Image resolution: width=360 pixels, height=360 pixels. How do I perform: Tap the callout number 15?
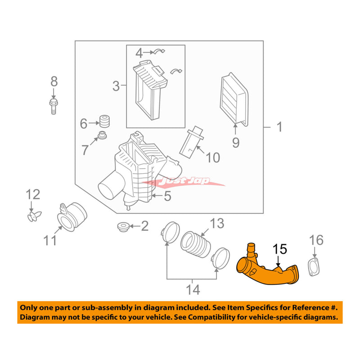click(x=279, y=249)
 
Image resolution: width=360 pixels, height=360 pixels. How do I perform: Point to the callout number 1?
click(x=279, y=127)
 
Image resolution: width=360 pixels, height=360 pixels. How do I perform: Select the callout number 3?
click(x=116, y=86)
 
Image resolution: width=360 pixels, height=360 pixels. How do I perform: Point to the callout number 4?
click(x=139, y=53)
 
